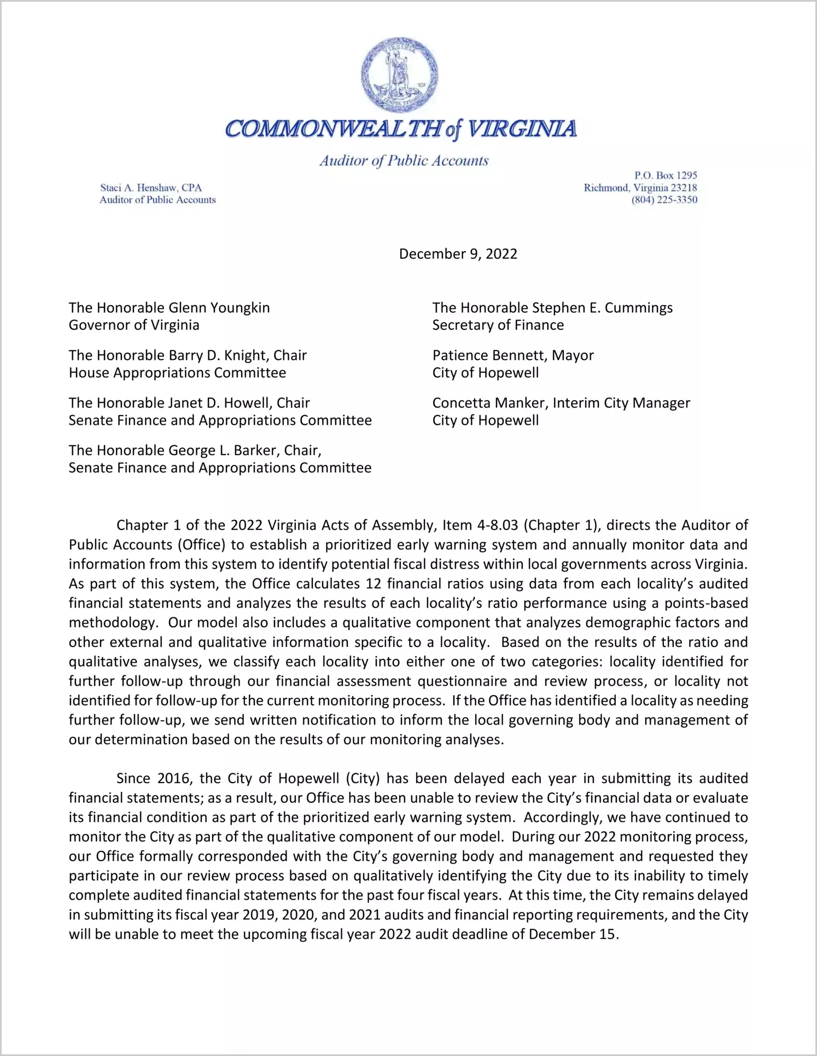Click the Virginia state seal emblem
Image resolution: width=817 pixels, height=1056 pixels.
pyautogui.click(x=399, y=75)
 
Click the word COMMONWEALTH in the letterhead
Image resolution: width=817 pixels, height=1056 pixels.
pyautogui.click(x=332, y=129)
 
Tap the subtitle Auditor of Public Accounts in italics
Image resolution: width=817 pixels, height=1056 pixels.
pyautogui.click(x=404, y=161)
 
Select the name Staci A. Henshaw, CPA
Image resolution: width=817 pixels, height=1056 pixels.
pyautogui.click(x=151, y=188)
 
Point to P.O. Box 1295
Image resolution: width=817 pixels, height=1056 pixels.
pyautogui.click(x=666, y=176)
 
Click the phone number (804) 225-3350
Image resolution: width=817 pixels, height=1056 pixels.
pyautogui.click(x=664, y=200)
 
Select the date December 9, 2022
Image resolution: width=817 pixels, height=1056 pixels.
pyautogui.click(x=458, y=254)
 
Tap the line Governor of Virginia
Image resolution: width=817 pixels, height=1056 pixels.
pyautogui.click(x=134, y=325)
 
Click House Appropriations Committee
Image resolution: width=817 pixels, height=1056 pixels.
pyautogui.click(x=177, y=373)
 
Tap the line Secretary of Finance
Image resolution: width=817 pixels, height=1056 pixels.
pyautogui.click(x=498, y=325)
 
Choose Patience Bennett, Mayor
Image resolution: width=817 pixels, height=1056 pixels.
pyautogui.click(x=512, y=355)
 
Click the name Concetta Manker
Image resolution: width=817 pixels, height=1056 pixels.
pyautogui.click(x=489, y=403)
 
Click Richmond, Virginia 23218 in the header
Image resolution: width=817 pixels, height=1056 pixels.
pyautogui.click(x=640, y=188)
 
